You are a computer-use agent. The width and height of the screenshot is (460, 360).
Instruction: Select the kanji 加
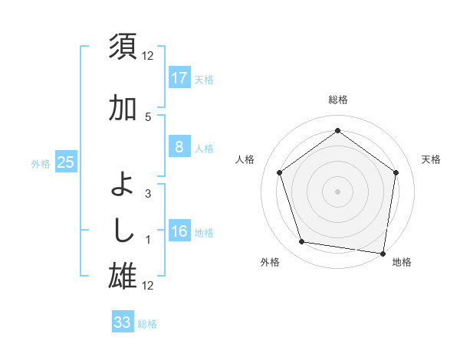coord(123,110)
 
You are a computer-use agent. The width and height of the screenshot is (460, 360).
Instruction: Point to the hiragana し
coord(123,229)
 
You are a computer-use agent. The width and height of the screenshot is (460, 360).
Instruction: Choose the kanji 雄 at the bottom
coord(123,275)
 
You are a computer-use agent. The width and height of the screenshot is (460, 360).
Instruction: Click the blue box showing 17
coord(179,78)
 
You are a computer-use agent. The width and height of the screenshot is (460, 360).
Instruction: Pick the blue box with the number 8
coord(179,147)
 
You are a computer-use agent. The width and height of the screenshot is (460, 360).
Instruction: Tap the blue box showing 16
coord(179,232)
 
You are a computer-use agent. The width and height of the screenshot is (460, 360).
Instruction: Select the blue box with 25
coord(65,162)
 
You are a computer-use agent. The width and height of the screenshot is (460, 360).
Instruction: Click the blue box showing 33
coord(122,322)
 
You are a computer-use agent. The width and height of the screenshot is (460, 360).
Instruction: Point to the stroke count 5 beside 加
coord(148,116)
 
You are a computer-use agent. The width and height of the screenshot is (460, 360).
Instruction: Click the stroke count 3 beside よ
coord(148,194)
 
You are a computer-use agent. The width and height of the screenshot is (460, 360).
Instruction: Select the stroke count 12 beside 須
coord(148,55)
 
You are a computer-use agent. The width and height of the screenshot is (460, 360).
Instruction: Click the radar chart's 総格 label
coord(337,100)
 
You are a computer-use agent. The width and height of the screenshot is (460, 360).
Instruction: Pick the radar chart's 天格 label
coord(431,159)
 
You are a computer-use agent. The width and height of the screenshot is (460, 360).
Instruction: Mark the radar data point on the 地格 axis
coord(383,253)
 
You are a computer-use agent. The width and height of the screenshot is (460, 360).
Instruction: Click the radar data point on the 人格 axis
coord(279,172)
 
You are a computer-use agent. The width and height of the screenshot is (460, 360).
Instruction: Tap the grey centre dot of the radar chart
coord(337,191)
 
